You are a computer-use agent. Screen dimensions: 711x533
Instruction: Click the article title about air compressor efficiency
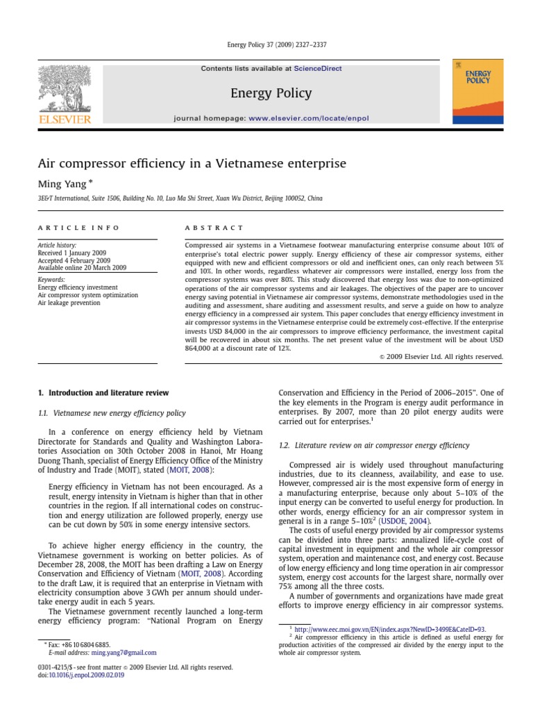(x=191, y=163)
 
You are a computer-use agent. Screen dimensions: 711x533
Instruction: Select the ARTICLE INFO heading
(x=78, y=228)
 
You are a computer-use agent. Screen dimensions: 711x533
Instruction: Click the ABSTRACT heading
(x=214, y=228)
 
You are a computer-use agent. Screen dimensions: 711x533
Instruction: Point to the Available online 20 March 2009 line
(x=82, y=267)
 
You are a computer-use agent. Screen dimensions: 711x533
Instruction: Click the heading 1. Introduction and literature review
(x=103, y=392)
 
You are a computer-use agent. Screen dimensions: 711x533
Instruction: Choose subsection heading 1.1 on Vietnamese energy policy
(x=112, y=413)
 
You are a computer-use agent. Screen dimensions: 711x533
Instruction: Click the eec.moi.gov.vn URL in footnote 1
(x=388, y=628)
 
